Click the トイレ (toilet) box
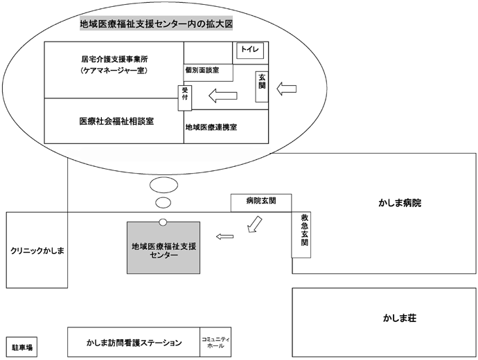250,51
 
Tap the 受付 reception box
185,98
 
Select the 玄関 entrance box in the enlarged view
262,87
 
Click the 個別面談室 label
202,70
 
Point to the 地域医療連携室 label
211,127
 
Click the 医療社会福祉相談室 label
116,121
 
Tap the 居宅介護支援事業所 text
114,59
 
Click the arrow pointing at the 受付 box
223,96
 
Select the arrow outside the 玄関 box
286,89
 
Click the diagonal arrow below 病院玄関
254,224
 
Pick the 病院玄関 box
261,203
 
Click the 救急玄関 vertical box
301,235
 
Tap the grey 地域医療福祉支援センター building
163,248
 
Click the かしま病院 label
400,203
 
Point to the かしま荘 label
400,318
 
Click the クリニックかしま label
37,251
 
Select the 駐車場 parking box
21,347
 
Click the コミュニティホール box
215,342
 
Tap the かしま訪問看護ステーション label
134,343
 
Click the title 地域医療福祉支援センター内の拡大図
157,24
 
